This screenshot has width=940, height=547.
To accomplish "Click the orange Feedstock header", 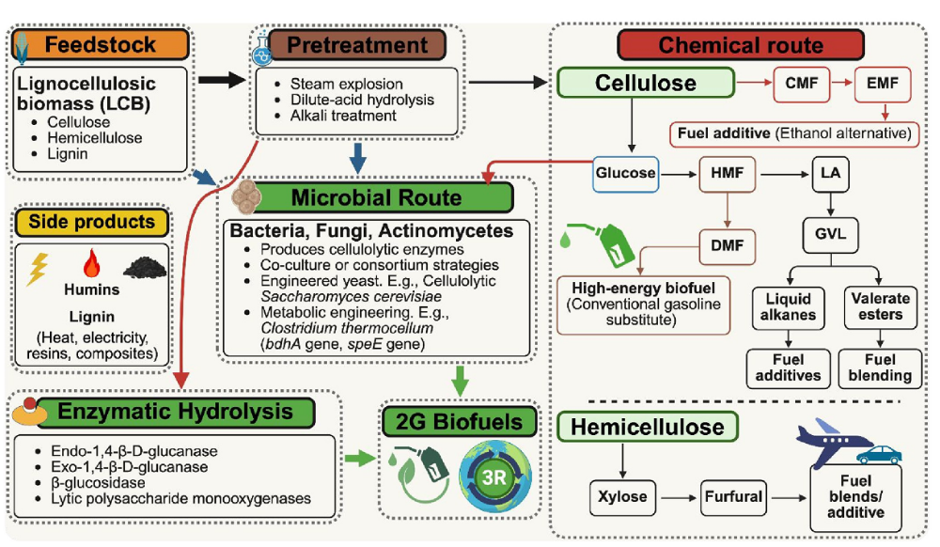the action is point(101,44).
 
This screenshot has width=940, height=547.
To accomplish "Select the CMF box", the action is point(802,84).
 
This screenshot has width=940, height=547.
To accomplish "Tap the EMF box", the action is point(883,84).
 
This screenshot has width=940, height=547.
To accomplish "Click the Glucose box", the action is point(625,174).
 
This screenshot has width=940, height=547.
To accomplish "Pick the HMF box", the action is point(728,174).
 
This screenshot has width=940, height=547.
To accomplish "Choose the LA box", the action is point(830,174).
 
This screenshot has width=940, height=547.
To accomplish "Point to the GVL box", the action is point(830,234).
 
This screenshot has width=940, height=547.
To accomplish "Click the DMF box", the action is point(728,246).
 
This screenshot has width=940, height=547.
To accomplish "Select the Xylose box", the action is point(622,497).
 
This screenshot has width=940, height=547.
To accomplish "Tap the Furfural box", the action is point(733,497).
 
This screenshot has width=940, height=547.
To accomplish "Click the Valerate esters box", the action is point(880,307).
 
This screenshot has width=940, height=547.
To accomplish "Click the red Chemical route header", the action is point(741,45).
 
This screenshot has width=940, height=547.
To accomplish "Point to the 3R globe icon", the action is point(494,477).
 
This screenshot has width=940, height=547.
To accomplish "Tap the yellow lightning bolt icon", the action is point(38,269).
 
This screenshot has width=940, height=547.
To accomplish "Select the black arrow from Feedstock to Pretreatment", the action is point(222,80).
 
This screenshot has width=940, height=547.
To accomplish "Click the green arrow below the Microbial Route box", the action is point(460,381).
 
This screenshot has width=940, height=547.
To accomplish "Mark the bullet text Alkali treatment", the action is point(343,116).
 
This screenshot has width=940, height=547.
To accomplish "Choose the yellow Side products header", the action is point(91,222).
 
